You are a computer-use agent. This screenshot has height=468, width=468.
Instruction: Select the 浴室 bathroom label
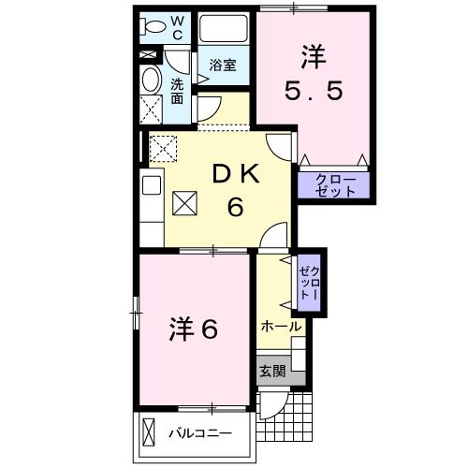pos(222,66)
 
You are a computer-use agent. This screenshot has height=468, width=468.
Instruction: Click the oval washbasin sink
pos(150,81)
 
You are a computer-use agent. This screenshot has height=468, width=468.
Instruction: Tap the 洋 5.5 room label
pos(314,75)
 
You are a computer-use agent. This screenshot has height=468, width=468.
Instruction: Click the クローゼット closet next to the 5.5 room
pos(333,184)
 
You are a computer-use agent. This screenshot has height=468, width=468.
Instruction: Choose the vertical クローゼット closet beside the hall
pos(309,280)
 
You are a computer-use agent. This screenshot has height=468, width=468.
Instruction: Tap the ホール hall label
pos(280,327)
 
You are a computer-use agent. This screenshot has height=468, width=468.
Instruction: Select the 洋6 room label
pos(194,329)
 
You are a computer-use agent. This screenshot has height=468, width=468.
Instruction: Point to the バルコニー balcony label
pos(200,434)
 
